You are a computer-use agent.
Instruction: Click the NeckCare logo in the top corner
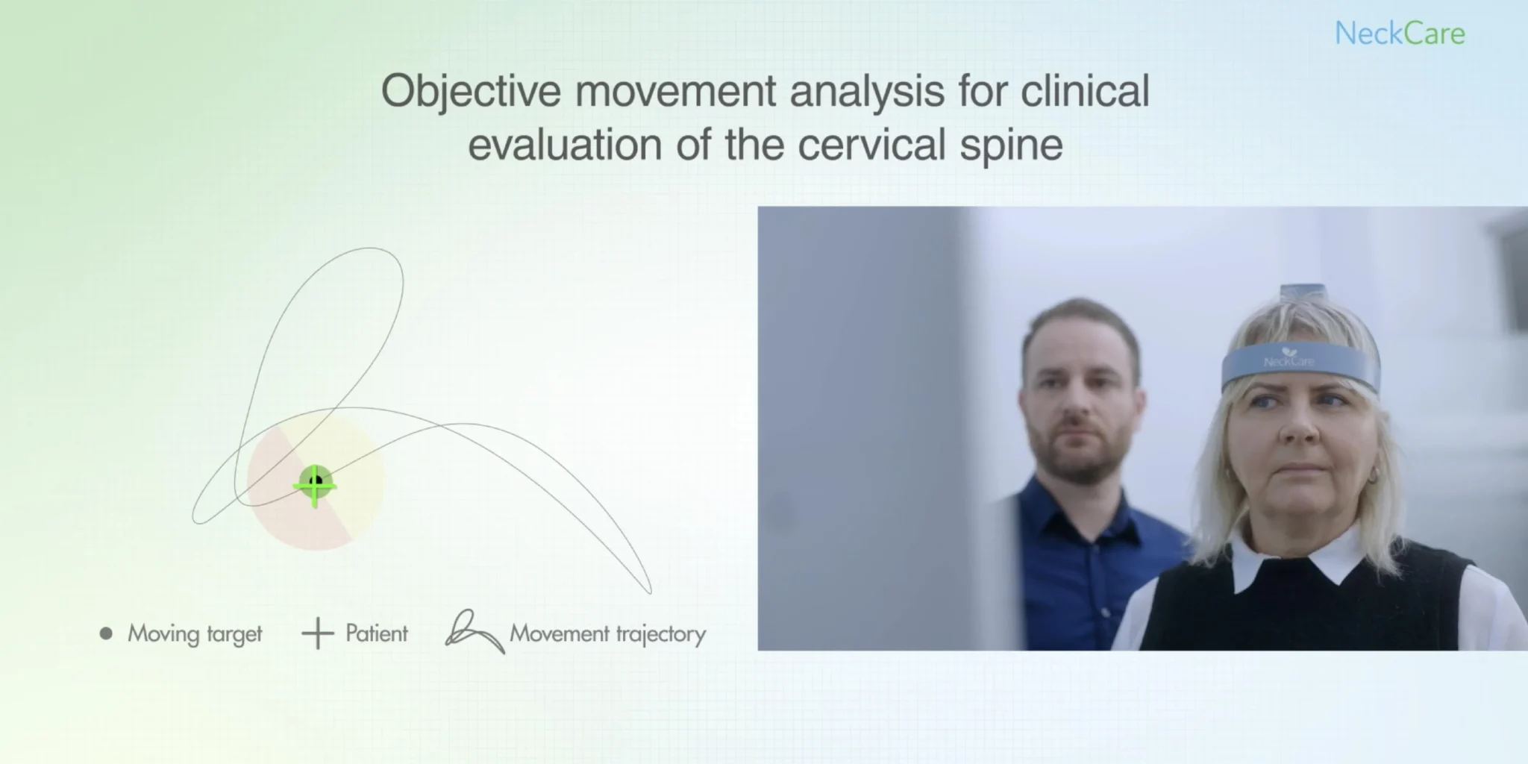pos(1400,34)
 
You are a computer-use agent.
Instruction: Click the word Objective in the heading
pos(471,93)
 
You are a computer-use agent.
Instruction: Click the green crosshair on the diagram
pos(315,486)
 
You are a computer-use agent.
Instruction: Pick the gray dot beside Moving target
pos(106,633)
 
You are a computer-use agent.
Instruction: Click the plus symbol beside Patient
pos(317,633)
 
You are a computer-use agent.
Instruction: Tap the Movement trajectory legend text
pos(607,634)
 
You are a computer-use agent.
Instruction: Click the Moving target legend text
pos(195,634)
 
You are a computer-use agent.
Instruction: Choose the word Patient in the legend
pos(377,633)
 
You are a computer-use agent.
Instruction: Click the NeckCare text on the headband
pos(1289,362)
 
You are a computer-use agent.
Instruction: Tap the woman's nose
pos(1300,426)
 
